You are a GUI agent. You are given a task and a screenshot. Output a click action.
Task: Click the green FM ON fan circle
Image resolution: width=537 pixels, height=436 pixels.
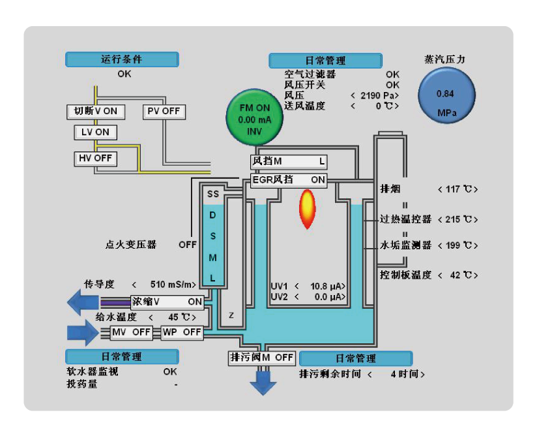pyautogui.click(x=254, y=117)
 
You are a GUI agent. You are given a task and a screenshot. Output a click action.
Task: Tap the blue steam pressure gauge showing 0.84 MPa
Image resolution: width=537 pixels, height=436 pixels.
pyautogui.click(x=446, y=95)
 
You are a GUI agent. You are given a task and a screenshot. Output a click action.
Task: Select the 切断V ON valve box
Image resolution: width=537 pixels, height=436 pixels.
pyautogui.click(x=96, y=112)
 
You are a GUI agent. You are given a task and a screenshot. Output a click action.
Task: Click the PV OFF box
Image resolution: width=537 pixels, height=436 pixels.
pyautogui.click(x=164, y=112)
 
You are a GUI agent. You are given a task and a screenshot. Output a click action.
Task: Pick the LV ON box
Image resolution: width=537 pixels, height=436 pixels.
pyautogui.click(x=96, y=132)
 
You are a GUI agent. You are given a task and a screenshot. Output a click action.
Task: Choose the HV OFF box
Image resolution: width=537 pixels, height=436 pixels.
pyautogui.click(x=96, y=159)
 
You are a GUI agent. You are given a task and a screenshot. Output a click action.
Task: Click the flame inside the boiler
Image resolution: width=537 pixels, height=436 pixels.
pyautogui.click(x=307, y=209)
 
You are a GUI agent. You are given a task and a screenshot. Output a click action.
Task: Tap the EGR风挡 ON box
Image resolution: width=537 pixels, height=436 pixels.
pyautogui.click(x=289, y=180)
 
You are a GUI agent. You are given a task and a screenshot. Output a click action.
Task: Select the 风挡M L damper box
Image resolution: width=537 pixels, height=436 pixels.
pyautogui.click(x=289, y=162)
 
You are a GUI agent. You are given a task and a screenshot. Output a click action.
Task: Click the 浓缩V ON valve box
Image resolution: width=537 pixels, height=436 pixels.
pyautogui.click(x=167, y=302)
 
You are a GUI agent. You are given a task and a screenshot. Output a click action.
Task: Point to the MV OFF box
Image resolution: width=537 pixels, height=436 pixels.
pyautogui.click(x=131, y=332)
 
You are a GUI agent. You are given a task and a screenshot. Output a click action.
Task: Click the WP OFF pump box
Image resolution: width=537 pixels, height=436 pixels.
pyautogui.click(x=182, y=332)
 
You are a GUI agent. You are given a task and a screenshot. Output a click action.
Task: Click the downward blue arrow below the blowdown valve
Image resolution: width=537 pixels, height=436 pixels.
pyautogui.click(x=263, y=383)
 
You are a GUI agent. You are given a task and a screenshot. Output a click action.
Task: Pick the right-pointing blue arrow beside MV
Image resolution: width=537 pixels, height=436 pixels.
pyautogui.click(x=82, y=333)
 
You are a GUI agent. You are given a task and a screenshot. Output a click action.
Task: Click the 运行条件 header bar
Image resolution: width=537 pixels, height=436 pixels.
pyautogui.click(x=122, y=59)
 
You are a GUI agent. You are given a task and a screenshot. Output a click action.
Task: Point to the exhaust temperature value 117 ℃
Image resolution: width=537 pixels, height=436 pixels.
pyautogui.click(x=458, y=189)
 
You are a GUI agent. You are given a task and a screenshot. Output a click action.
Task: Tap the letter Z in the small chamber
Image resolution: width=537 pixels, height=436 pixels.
pyautogui.click(x=231, y=315)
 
